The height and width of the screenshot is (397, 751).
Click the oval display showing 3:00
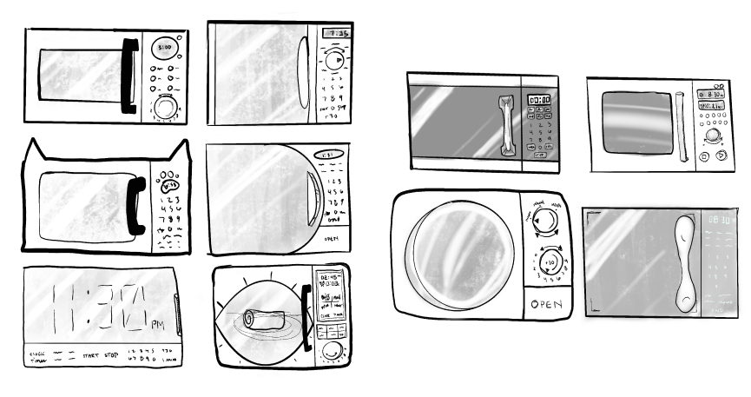(x=164, y=46)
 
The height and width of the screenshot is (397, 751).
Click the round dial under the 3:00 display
(x=164, y=107)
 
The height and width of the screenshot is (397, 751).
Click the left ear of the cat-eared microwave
(x=33, y=152)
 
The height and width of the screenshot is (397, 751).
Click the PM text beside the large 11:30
(x=157, y=325)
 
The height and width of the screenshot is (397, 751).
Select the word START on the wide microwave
(x=89, y=354)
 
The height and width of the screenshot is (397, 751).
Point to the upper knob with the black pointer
(x=543, y=223)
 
